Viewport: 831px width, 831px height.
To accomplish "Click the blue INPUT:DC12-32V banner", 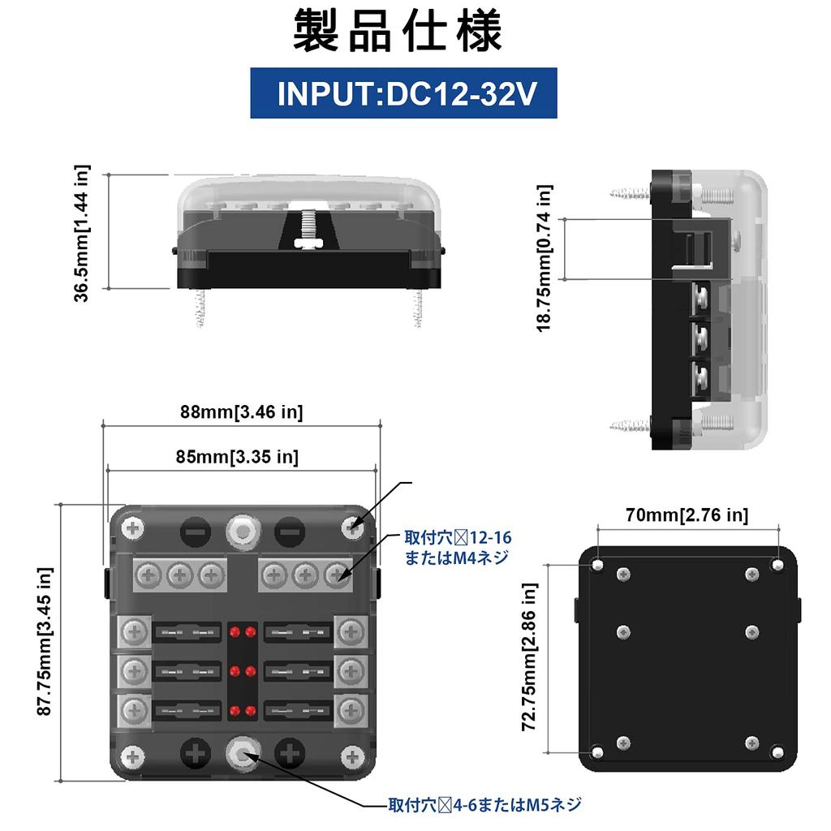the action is [x=403, y=93].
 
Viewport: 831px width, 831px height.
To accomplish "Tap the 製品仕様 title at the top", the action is [x=397, y=32].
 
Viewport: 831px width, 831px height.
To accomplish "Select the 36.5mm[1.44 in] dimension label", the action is [x=82, y=233].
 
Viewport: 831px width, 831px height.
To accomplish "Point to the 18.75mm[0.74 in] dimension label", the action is [x=545, y=258].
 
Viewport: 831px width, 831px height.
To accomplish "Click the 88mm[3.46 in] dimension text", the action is [x=242, y=411].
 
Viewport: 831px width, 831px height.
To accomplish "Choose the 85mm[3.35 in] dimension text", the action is [x=238, y=456].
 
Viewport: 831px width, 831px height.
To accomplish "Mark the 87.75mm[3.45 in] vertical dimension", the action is [x=45, y=642].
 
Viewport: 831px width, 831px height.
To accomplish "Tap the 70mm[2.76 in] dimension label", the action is [x=687, y=515].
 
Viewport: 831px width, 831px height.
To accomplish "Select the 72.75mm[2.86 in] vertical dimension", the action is [x=529, y=657].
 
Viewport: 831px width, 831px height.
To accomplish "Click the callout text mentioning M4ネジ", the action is [x=458, y=548].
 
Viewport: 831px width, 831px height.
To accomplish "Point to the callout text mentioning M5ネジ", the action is [x=485, y=805].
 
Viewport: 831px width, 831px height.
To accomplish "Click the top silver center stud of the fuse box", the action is [x=242, y=531].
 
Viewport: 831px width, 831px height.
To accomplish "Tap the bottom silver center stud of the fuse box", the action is [x=243, y=753].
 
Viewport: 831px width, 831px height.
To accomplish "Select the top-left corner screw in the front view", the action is [x=132, y=528].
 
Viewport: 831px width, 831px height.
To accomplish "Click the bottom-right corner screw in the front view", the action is [x=352, y=757].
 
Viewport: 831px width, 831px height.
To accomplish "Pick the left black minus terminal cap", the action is [x=196, y=532].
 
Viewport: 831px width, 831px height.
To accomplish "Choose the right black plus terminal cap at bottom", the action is [x=290, y=753].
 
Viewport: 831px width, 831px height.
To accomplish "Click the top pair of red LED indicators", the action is [x=242, y=632].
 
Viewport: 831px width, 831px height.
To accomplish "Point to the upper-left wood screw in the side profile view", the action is [x=630, y=194].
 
